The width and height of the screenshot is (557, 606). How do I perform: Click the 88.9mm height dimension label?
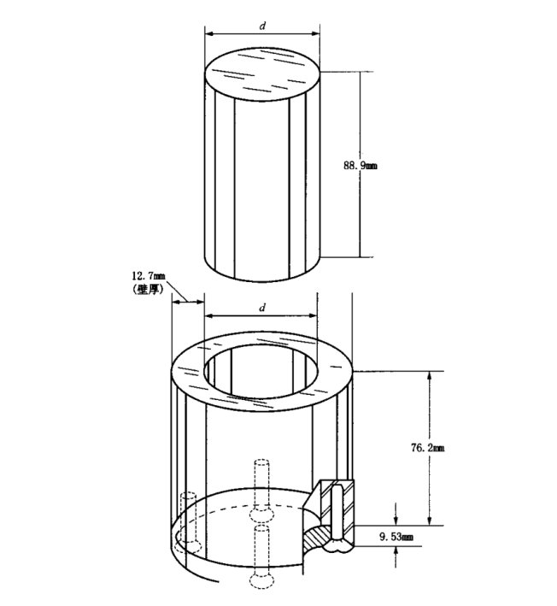coord(361,166)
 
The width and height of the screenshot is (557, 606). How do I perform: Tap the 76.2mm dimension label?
coord(428,448)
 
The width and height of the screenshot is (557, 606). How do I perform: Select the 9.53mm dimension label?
coord(396,537)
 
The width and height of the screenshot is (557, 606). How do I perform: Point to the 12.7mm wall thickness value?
coord(149,276)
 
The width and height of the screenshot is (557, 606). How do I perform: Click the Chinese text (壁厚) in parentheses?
coord(147,289)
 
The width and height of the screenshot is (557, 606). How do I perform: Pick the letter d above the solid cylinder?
coord(262,26)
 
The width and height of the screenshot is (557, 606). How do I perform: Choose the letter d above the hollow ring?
coord(262,308)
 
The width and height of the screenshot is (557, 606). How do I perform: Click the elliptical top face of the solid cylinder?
coord(262,74)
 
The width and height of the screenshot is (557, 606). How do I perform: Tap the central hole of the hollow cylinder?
coord(261,372)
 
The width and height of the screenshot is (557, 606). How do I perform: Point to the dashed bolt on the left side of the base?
coord(189,522)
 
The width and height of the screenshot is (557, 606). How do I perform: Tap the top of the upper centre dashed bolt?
coord(262,463)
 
